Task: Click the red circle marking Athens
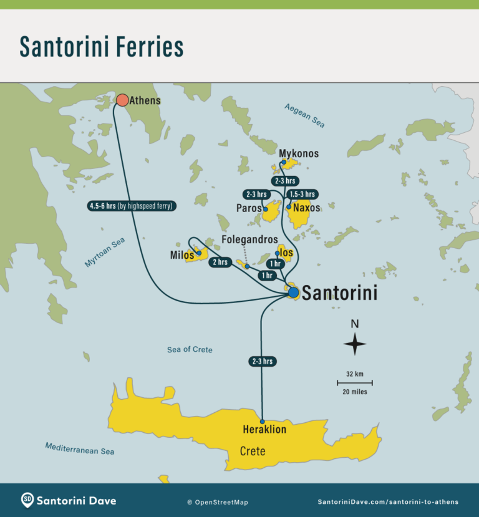122,100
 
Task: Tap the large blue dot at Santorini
293,292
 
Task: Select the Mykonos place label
299,153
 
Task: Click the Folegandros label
249,239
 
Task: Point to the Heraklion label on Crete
264,430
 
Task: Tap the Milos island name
181,255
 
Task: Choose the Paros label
249,208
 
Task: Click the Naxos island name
306,208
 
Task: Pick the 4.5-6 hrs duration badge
131,206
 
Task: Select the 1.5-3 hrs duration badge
302,194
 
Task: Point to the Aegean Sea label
305,115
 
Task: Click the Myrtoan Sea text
105,253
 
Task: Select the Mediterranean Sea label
79,448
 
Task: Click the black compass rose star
355,344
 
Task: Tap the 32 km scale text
354,374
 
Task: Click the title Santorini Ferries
102,46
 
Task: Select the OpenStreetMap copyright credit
217,502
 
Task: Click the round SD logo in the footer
27,500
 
